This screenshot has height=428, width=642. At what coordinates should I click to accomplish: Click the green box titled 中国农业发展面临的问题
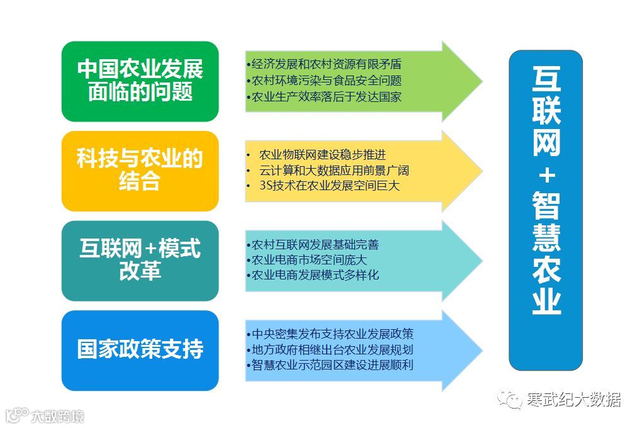coord(140,81)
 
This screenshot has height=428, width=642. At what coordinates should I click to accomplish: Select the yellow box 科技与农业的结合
coord(140,171)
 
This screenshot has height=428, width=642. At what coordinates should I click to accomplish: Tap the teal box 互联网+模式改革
coord(140,261)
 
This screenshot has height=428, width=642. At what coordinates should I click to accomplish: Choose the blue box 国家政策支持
coord(140,350)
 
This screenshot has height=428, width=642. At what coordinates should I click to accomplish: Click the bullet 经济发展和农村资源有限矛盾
coord(324,64)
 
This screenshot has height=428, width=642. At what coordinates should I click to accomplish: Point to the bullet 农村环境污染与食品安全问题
coord(324,81)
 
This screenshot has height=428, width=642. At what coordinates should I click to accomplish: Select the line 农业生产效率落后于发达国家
coord(324,97)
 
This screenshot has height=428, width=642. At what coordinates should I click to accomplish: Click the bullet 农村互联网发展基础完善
coord(312,244)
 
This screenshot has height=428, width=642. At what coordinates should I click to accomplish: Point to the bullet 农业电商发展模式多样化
coord(312,275)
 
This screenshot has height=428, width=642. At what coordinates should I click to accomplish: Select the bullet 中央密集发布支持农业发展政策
coord(330,334)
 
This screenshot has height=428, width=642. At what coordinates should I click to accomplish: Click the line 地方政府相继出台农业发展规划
coord(330,349)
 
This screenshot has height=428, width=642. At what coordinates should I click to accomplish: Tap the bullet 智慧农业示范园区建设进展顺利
coord(330,364)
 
